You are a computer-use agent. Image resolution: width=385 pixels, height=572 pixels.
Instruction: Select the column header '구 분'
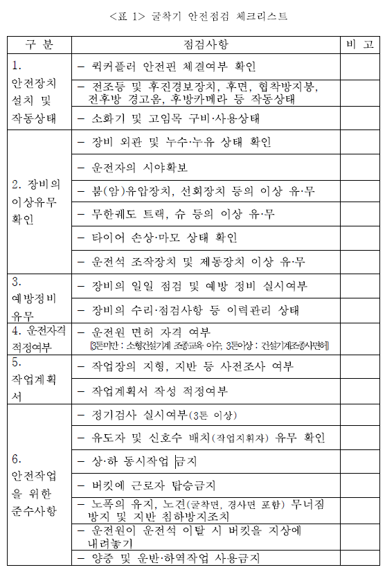point(39,44)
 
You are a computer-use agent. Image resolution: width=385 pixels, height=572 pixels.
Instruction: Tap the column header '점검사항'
point(206,44)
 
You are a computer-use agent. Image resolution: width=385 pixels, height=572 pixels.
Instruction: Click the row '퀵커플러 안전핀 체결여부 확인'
point(166,66)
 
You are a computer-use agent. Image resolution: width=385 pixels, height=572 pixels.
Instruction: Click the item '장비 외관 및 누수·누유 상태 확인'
point(172,143)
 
